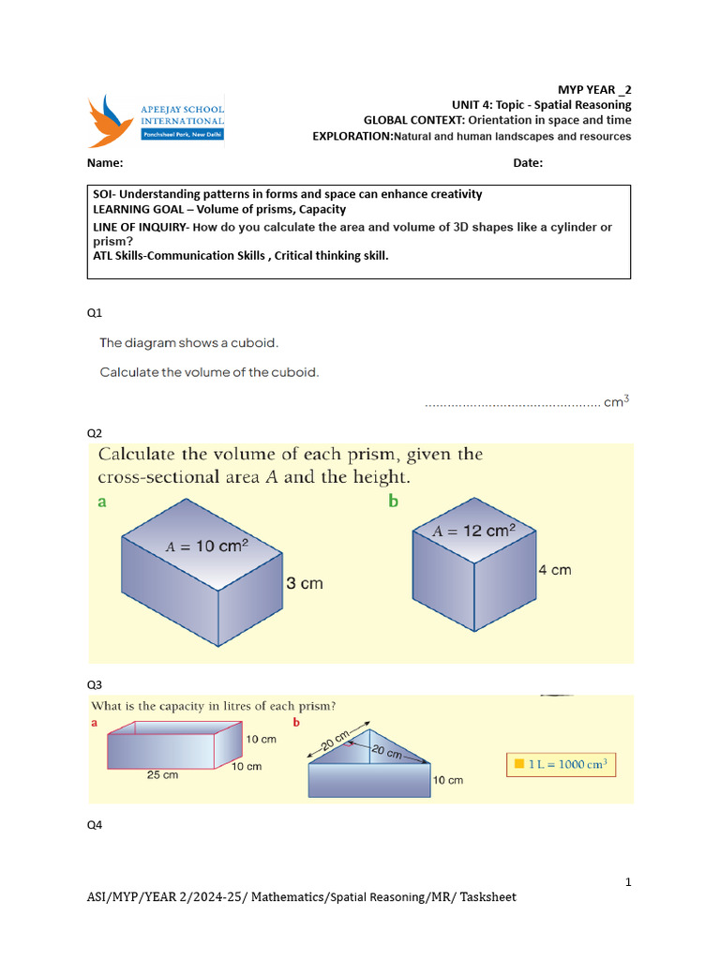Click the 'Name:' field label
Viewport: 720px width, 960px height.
click(105, 163)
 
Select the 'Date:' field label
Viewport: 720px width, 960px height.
click(528, 163)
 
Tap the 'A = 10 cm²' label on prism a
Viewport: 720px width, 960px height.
click(207, 546)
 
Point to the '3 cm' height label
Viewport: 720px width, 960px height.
click(304, 583)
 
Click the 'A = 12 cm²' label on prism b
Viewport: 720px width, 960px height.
click(474, 532)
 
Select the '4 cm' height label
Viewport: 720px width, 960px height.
click(555, 570)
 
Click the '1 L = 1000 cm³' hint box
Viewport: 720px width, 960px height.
click(561, 764)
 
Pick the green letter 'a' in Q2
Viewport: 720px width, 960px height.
click(102, 502)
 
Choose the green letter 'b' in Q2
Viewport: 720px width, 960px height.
click(394, 502)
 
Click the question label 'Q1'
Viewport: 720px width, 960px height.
click(95, 311)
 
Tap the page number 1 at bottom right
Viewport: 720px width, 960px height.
click(628, 882)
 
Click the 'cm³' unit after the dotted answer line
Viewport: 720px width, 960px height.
click(616, 402)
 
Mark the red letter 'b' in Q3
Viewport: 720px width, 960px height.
click(296, 723)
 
